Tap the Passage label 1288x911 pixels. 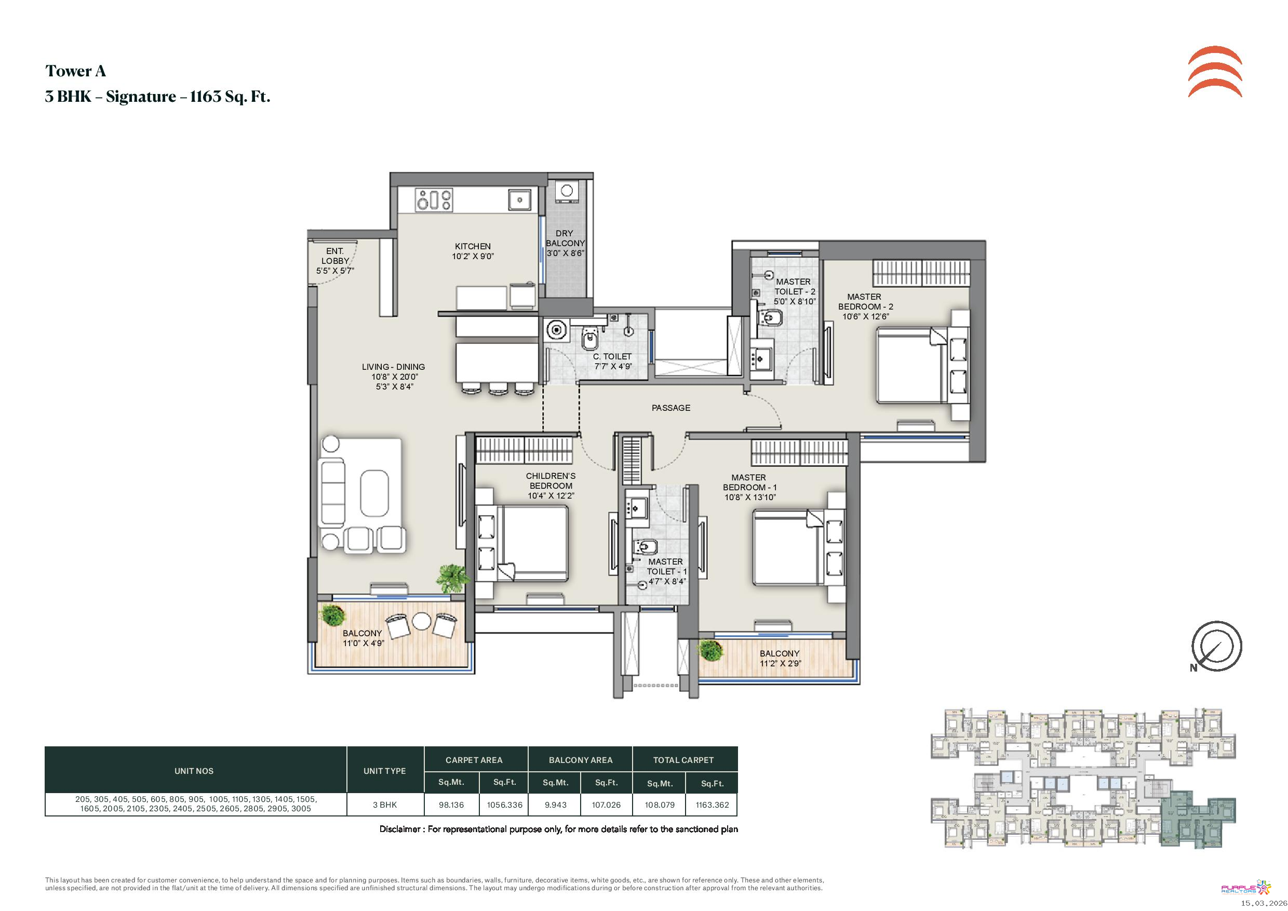pyautogui.click(x=670, y=408)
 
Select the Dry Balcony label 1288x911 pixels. pyautogui.click(x=565, y=243)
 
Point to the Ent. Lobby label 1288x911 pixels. pyautogui.click(x=335, y=261)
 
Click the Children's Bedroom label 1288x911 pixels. pyautogui.click(x=551, y=486)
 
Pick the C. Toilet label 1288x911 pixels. pyautogui.click(x=613, y=361)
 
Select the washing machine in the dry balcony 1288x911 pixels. pyautogui.click(x=566, y=191)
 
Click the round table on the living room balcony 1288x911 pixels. pyautogui.click(x=421, y=621)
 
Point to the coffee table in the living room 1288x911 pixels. pyautogui.click(x=374, y=493)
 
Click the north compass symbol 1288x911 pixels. pyautogui.click(x=1216, y=647)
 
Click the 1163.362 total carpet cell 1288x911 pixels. pyautogui.click(x=712, y=805)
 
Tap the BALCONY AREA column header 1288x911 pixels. pyautogui.click(x=580, y=760)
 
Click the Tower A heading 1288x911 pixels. pyautogui.click(x=75, y=71)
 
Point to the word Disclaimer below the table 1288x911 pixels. pyautogui.click(x=400, y=829)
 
